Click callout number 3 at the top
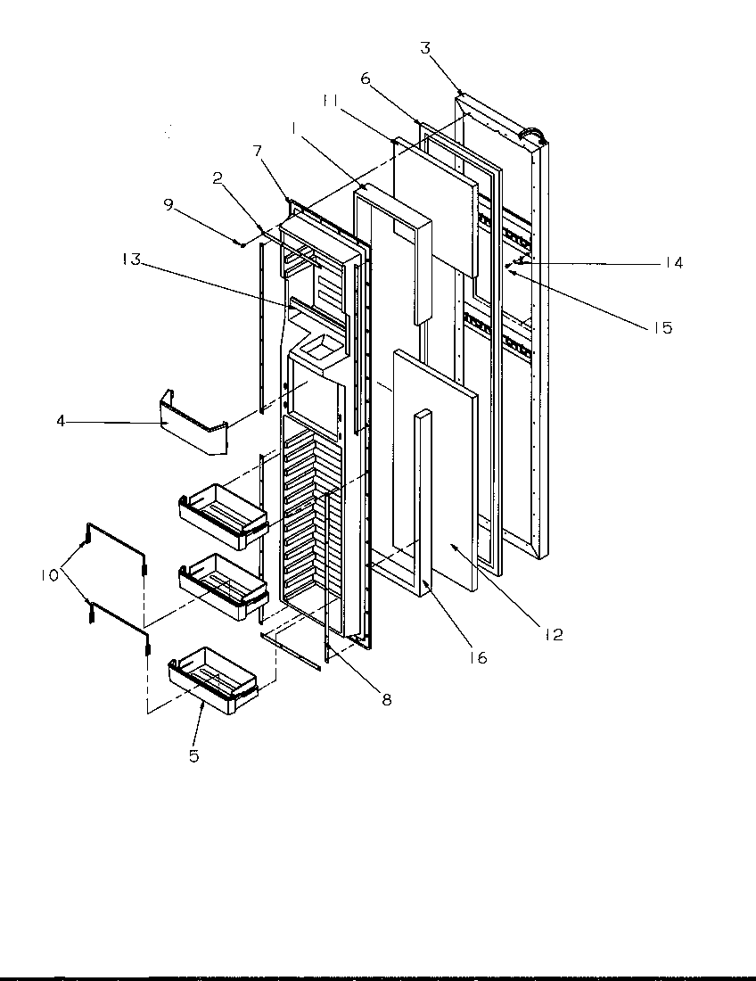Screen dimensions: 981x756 click(425, 48)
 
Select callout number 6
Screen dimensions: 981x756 click(366, 79)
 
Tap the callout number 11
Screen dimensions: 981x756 click(330, 103)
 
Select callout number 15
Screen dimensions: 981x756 click(661, 327)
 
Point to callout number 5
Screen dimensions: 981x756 click(193, 756)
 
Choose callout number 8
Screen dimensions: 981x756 click(386, 699)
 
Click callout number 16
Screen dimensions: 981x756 click(479, 658)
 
